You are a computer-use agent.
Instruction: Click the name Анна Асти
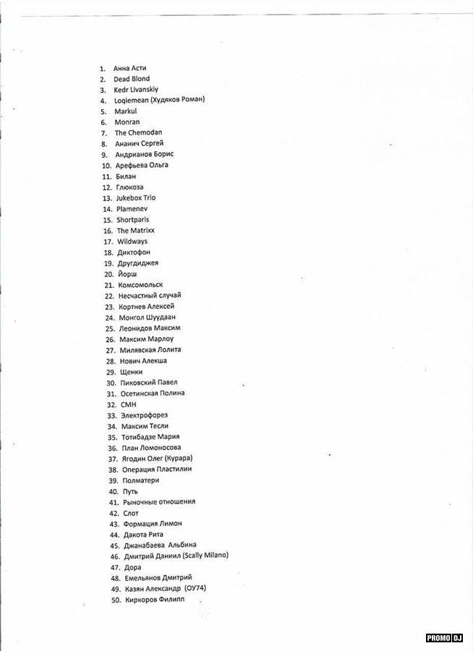pyautogui.click(x=129, y=68)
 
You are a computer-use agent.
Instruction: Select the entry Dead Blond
pyautogui.click(x=132, y=79)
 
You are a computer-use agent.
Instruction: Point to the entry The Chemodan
pyautogui.click(x=138, y=133)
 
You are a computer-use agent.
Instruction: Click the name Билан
pyautogui.click(x=126, y=176)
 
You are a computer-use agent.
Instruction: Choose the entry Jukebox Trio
pyautogui.click(x=136, y=198)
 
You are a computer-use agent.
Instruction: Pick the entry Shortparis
pyautogui.click(x=133, y=220)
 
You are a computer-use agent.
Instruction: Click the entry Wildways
pyautogui.click(x=132, y=242)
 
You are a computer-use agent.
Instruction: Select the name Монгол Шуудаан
pyautogui.click(x=147, y=318)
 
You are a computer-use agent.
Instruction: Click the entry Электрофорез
pyautogui.click(x=144, y=415)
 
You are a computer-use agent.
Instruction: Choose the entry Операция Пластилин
pyautogui.click(x=157, y=469)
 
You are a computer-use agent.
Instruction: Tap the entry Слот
pyautogui.click(x=131, y=513)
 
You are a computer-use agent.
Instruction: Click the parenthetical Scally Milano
pyautogui.click(x=205, y=556)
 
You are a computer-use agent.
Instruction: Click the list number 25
pyautogui.click(x=110, y=328)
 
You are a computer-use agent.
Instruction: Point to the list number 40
pyautogui.click(x=114, y=491)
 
